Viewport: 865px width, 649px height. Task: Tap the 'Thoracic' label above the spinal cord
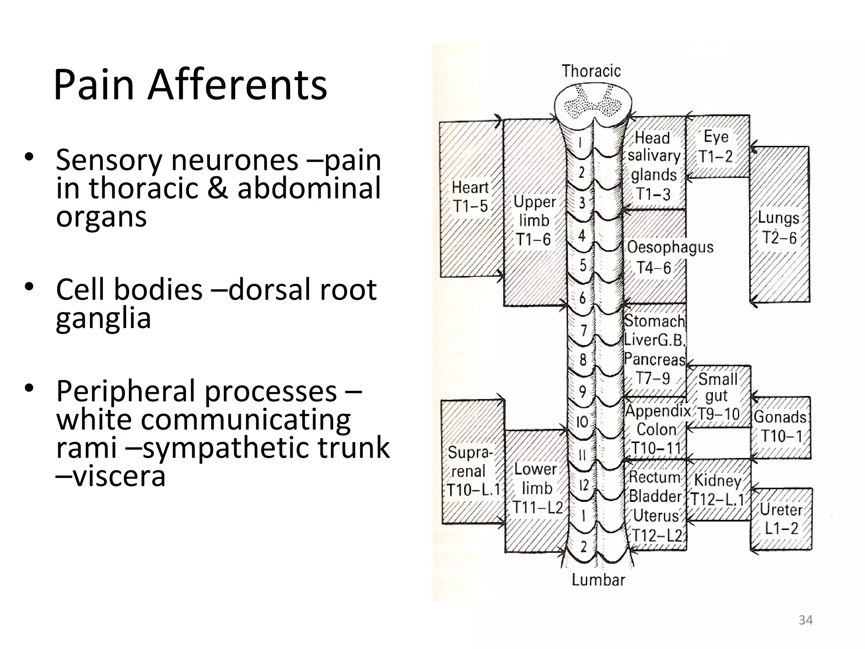pyautogui.click(x=591, y=71)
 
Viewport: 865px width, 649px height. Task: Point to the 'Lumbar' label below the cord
pyautogui.click(x=598, y=580)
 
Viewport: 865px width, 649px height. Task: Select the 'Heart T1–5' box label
pyautogui.click(x=470, y=196)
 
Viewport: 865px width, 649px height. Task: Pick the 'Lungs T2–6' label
pyautogui.click(x=779, y=228)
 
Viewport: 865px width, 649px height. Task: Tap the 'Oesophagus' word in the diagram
pyautogui.click(x=670, y=247)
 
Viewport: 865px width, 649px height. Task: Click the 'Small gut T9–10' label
pyautogui.click(x=717, y=396)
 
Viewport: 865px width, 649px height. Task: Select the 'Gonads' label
pyautogui.click(x=780, y=417)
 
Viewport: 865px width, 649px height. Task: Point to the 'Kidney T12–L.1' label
pyautogui.click(x=717, y=490)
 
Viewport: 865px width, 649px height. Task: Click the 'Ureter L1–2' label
pyautogui.click(x=781, y=519)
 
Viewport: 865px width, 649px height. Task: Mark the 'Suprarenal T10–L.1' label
pyautogui.click(x=472, y=471)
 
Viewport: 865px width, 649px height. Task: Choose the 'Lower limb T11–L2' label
pyautogui.click(x=536, y=488)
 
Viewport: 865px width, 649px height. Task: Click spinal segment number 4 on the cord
pyautogui.click(x=582, y=235)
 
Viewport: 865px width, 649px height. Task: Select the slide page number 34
pyautogui.click(x=805, y=620)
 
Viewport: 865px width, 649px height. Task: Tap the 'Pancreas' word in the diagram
pyautogui.click(x=655, y=360)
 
